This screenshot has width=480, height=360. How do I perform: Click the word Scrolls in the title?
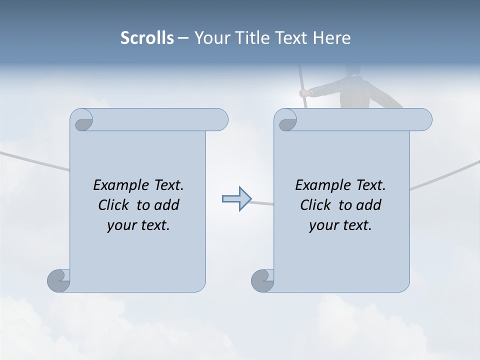[147, 37]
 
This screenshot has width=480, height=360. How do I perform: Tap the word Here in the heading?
[331, 37]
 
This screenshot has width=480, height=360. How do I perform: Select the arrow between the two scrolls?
[236, 199]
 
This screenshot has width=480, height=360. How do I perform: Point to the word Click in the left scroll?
[115, 205]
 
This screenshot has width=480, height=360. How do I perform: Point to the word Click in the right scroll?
[317, 205]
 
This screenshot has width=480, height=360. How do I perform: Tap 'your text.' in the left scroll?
[138, 225]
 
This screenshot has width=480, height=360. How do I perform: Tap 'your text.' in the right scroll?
[340, 225]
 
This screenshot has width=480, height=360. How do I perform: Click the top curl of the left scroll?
[82, 120]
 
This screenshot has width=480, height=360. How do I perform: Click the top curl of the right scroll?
[286, 120]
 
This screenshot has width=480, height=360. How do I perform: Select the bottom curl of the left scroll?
[58, 280]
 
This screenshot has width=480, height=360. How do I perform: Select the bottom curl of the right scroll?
[262, 280]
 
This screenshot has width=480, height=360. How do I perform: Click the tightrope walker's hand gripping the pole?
[303, 92]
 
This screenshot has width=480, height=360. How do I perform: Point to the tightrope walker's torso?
[354, 92]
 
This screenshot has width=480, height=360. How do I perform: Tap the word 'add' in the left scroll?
[166, 205]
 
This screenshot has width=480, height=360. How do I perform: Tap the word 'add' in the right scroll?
[368, 205]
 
